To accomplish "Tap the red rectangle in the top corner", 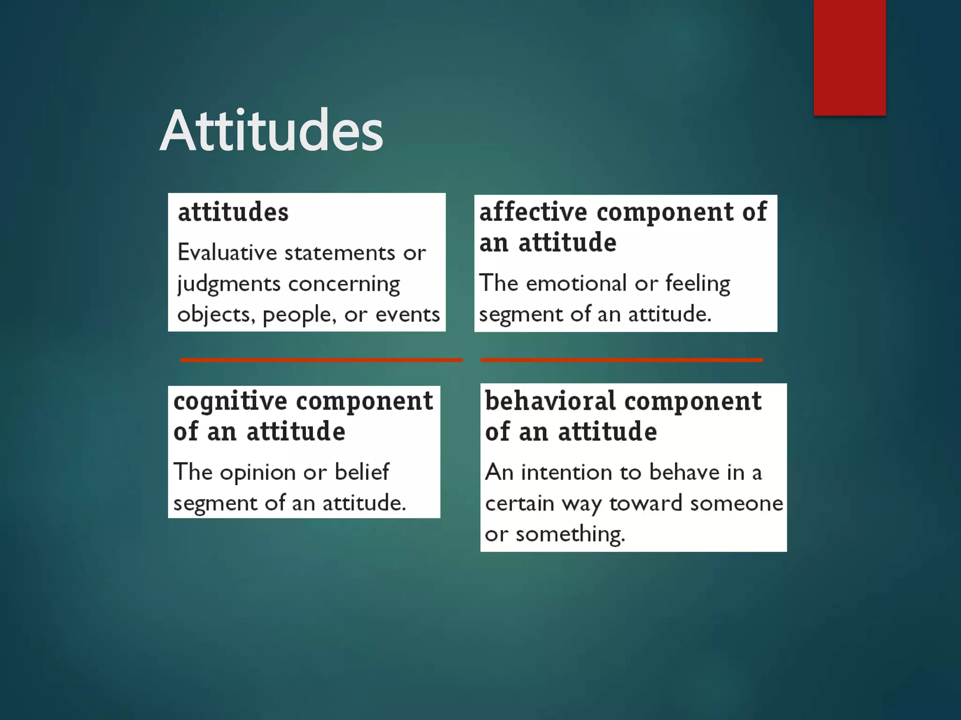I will click(849, 57).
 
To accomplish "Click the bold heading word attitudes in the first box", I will click(233, 212).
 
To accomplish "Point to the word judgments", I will click(229, 285).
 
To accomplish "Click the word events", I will click(407, 315).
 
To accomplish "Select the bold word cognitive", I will click(230, 401).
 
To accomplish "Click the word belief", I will click(362, 472).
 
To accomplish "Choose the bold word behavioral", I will click(550, 401).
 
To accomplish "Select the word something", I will click(570, 534).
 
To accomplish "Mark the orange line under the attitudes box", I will click(321, 360).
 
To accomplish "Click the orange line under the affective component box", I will click(621, 360).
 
